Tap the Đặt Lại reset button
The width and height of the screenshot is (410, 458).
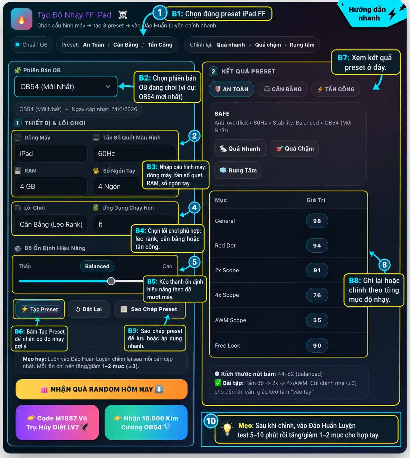pos(88,309)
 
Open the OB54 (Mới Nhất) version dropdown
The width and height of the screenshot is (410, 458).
pos(66,86)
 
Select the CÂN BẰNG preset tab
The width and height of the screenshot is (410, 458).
pos(282,89)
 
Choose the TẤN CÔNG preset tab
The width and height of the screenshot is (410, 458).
pos(335,89)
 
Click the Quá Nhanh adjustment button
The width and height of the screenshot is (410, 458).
pos(240,149)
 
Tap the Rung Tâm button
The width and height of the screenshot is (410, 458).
pos(238,170)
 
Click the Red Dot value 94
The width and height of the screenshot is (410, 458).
pos(317,245)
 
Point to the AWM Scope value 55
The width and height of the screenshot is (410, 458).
pos(317,320)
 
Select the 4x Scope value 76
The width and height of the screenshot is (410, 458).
pos(317,295)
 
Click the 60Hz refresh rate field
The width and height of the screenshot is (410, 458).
pos(134,154)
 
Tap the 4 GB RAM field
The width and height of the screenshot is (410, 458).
pos(51,187)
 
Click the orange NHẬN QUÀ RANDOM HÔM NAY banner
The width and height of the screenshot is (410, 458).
pos(102,389)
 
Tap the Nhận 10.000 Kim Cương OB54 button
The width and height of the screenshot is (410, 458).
pos(146,422)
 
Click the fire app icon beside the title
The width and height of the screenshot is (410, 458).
pos(21,19)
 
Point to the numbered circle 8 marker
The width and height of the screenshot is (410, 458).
pos(384,265)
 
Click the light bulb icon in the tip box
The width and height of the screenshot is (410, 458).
pos(227,429)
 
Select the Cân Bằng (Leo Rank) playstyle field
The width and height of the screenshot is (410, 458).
pos(51,224)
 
